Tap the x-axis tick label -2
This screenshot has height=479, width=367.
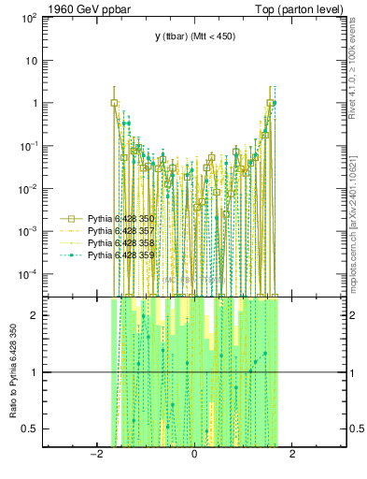pos(95,456)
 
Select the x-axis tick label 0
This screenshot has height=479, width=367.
pos(193,456)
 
